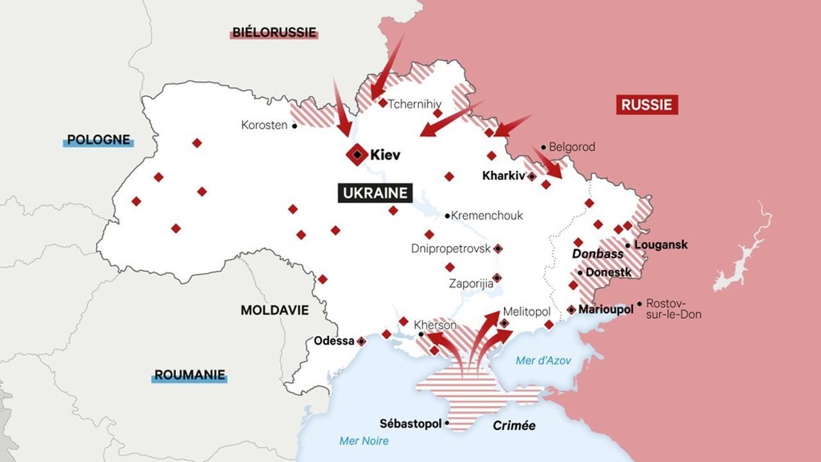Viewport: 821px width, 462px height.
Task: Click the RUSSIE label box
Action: click(647, 105)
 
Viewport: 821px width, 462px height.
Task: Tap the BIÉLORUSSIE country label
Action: click(275, 32)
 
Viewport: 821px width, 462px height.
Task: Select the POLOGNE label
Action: click(98, 140)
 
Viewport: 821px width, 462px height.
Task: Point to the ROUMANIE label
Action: click(189, 375)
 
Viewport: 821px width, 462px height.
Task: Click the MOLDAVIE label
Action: click(275, 311)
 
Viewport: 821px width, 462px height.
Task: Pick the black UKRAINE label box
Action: click(375, 193)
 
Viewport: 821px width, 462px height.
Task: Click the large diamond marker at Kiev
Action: click(356, 155)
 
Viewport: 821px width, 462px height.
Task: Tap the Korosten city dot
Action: click(294, 126)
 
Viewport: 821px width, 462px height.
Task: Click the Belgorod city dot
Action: click(543, 147)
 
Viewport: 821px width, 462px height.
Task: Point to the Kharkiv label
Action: click(504, 175)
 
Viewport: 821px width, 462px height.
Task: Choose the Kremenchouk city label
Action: click(487, 216)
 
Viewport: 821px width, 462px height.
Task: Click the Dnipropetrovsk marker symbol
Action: click(498, 248)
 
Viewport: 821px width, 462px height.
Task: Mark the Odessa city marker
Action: click(361, 341)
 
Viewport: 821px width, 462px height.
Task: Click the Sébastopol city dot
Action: click(447, 424)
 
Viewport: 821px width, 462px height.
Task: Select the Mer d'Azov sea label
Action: click(543, 361)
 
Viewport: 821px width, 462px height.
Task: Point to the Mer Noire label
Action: click(364, 441)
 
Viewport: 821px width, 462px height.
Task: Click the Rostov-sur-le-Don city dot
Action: click(639, 304)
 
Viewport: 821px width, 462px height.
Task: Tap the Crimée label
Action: click(514, 425)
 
